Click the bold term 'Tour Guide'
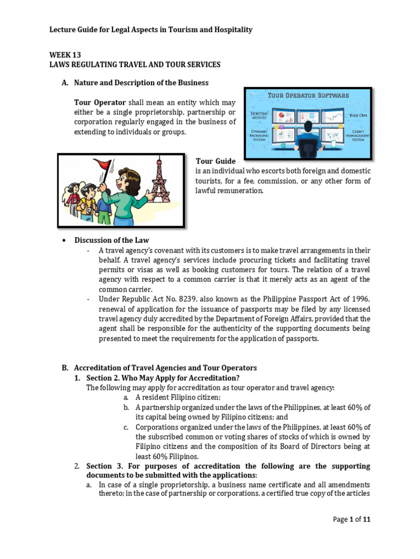click(215, 161)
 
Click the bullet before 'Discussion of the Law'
click(65, 240)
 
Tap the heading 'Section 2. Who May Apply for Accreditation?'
click(163, 378)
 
